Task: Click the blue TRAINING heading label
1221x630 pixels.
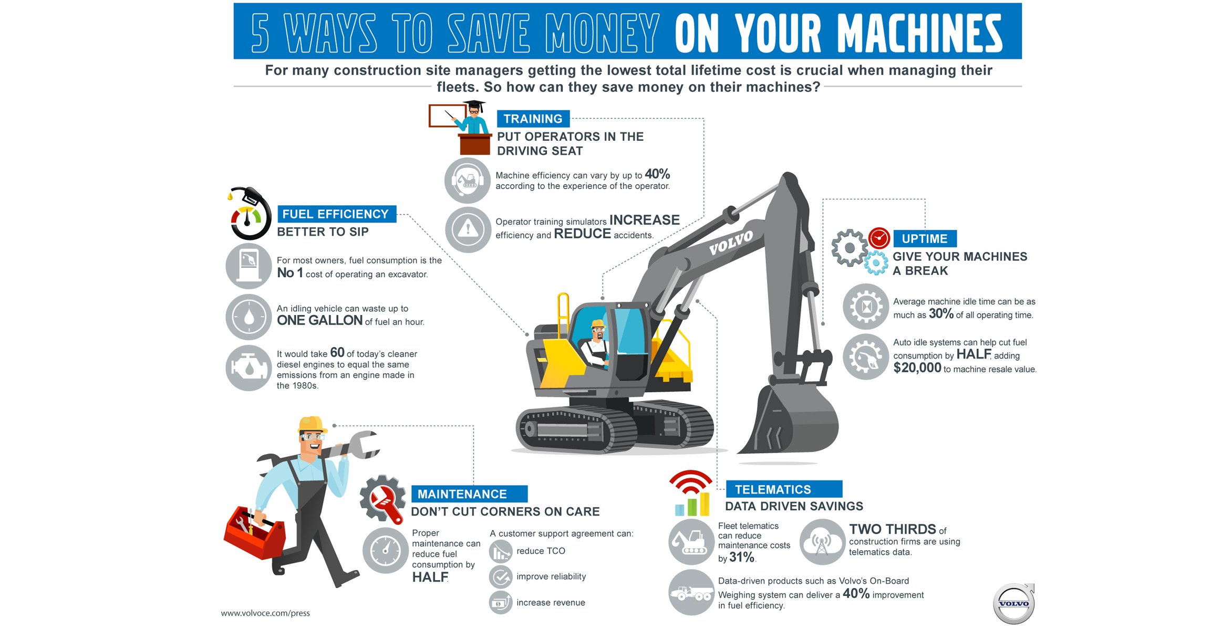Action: tap(533, 119)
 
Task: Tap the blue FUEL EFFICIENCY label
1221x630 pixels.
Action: tap(336, 214)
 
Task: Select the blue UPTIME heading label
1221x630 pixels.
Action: tap(924, 239)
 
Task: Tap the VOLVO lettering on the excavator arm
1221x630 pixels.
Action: tap(730, 243)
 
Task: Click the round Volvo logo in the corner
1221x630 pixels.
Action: tap(1013, 604)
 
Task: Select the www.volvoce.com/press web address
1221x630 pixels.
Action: tap(265, 613)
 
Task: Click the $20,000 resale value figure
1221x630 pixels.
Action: tap(917, 368)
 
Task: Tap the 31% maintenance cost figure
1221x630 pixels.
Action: tap(741, 558)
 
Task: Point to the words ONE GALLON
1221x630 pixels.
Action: tap(319, 321)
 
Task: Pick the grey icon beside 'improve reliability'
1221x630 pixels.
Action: tap(501, 577)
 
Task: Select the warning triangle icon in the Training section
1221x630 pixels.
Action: tap(468, 229)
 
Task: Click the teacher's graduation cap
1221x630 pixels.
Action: tap(474, 104)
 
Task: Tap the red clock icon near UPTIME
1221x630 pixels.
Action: tap(879, 238)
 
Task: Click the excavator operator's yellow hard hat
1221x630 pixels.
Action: tap(598, 324)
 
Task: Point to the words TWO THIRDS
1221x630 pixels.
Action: tap(892, 529)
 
